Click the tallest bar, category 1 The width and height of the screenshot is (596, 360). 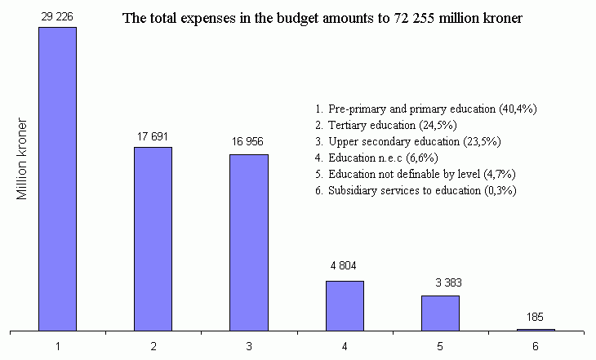[x=57, y=179]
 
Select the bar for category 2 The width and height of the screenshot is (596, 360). [x=153, y=238]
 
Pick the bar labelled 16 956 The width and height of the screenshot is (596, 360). [x=249, y=242]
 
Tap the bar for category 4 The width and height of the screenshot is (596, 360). [x=345, y=305]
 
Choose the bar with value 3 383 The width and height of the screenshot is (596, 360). [x=440, y=313]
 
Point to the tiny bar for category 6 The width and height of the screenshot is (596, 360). [x=536, y=330]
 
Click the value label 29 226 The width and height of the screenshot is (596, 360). [x=57, y=16]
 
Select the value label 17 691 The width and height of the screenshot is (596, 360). [x=153, y=136]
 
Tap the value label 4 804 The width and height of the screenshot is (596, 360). [x=345, y=266]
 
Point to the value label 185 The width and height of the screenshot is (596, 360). [x=536, y=317]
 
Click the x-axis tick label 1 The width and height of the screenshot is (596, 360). [x=57, y=346]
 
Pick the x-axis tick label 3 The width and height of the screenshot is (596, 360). [x=249, y=346]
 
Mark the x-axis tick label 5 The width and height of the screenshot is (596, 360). [x=440, y=346]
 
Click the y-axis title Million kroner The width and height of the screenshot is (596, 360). [x=23, y=160]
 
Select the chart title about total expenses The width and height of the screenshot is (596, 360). [x=322, y=18]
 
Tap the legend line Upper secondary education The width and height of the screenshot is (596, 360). [x=407, y=141]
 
